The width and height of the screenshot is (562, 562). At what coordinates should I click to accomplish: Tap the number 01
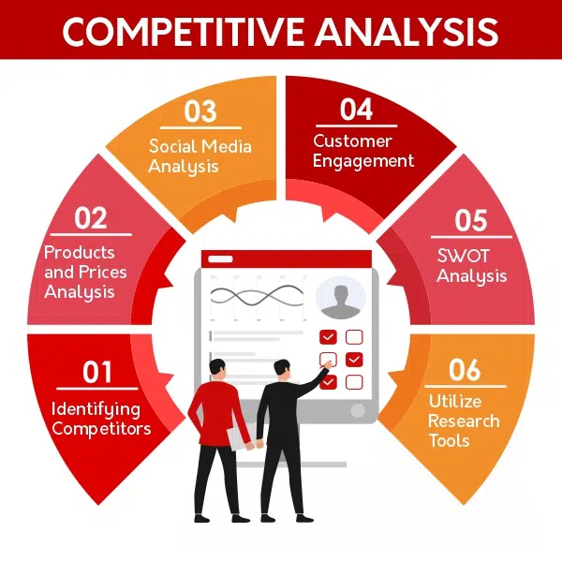(97, 373)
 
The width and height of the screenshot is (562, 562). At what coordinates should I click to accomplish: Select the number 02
(91, 218)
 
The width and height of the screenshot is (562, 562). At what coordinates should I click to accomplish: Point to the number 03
(200, 112)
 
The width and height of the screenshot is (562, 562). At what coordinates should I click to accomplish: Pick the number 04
(356, 110)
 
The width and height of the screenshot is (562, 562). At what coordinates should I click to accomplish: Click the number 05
(471, 220)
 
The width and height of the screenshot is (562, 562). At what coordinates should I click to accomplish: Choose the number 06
(465, 370)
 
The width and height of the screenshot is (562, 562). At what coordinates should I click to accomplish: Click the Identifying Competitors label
(101, 419)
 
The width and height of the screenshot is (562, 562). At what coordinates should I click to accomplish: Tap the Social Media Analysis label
(200, 156)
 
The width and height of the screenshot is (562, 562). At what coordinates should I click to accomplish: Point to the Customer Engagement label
(363, 151)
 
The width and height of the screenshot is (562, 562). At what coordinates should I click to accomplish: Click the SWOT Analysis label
(472, 266)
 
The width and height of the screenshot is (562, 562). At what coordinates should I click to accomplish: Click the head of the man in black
(281, 367)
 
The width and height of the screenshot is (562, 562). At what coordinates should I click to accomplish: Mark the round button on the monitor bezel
(357, 410)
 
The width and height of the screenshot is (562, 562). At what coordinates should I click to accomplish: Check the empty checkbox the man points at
(327, 359)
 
